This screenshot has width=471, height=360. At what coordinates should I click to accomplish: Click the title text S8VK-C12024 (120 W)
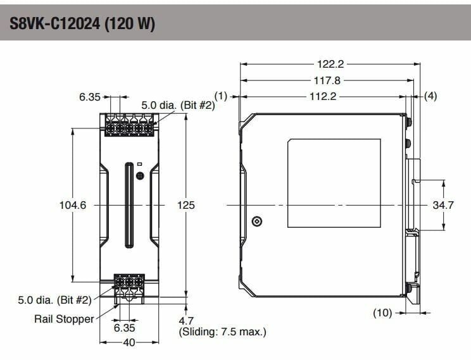82,24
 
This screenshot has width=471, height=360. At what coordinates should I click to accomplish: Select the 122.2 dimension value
329,64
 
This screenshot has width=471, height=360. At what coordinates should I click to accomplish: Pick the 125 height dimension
185,205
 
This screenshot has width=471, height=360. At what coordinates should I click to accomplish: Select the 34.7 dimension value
444,205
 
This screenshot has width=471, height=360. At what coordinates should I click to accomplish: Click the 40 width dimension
129,342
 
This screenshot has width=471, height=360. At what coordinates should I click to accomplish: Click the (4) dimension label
430,96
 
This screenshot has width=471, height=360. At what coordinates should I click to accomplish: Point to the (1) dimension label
220,96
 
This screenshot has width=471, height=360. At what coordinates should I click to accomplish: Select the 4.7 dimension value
187,321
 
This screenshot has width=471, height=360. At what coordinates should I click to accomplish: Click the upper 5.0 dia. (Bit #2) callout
178,106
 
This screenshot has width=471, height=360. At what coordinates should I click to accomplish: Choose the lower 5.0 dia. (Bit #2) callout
55,299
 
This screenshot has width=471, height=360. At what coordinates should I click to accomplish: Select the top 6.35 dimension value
90,97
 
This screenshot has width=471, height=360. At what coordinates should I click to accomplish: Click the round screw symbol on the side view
256,221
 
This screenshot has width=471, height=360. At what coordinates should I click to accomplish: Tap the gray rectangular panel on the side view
334,183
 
